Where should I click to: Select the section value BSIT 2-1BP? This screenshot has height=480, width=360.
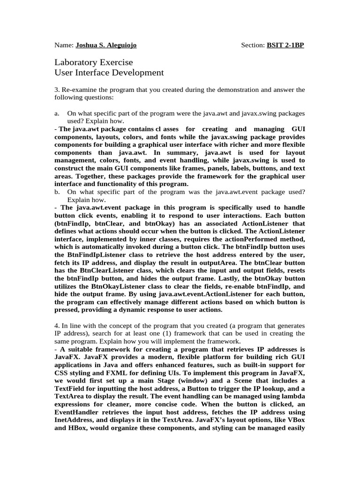(285, 45)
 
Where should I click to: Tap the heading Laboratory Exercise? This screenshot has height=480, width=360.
(94, 62)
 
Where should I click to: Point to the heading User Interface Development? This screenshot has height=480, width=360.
(109, 73)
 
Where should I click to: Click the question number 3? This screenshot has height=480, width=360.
(56, 90)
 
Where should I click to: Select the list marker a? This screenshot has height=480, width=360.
(57, 113)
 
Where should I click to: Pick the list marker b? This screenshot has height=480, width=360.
(57, 192)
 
